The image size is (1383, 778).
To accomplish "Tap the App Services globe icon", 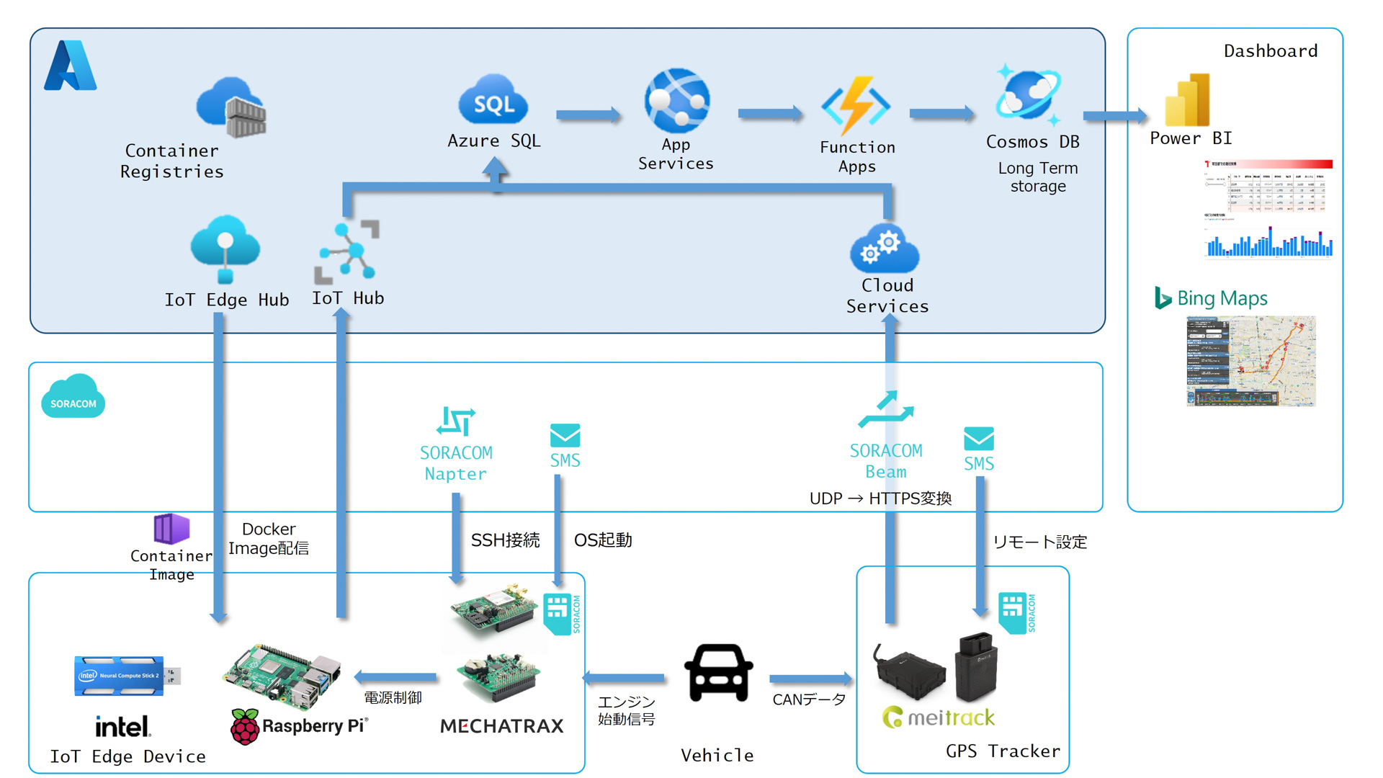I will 677,101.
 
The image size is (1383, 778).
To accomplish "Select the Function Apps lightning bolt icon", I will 856,107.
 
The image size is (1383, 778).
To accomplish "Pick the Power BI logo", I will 1188,100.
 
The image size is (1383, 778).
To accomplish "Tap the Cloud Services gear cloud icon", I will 885,249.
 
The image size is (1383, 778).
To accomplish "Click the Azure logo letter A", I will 70,66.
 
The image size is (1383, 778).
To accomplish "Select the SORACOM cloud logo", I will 73,396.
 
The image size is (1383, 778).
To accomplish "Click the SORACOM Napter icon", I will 456,421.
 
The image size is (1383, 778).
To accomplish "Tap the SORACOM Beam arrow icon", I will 886,411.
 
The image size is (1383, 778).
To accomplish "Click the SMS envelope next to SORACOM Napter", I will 565,436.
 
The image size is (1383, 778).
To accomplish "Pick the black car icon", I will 718,672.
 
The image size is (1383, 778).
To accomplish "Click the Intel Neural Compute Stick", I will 127,676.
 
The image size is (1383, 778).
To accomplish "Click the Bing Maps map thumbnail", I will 1251,361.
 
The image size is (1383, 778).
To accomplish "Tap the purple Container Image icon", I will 171,529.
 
